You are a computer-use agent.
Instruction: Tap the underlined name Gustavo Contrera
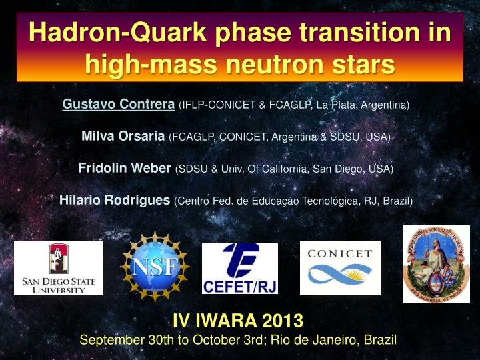(x=119, y=104)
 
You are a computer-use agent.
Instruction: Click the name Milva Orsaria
(x=123, y=136)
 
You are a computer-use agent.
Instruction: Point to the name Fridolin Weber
(x=125, y=168)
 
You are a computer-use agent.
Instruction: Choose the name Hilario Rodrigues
(x=115, y=200)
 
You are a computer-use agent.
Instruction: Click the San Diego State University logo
(x=59, y=268)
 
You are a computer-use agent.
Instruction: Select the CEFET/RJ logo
(x=240, y=268)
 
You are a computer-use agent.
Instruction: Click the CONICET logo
(x=340, y=267)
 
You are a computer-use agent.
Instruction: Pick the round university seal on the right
(x=436, y=264)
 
